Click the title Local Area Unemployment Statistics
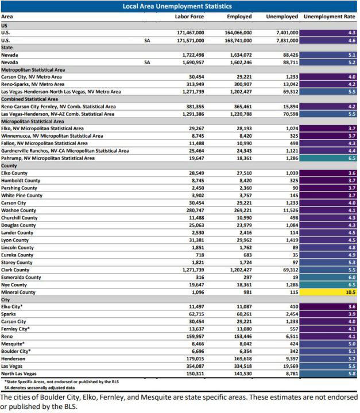click(x=180, y=6)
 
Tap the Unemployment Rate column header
click(x=329, y=17)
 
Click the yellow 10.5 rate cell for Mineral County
click(x=330, y=291)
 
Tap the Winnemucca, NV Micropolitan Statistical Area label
click(x=53, y=136)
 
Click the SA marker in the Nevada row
click(x=147, y=62)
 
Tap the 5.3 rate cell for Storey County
click(x=330, y=262)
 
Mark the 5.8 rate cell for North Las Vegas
click(x=330, y=374)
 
